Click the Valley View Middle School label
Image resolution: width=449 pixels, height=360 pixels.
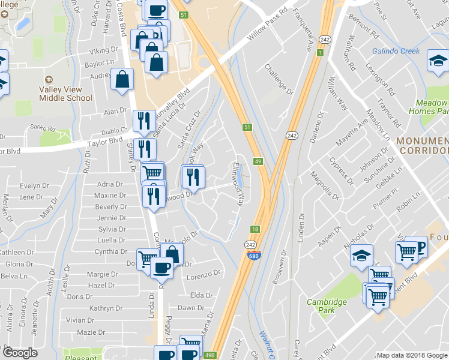(x=65, y=94)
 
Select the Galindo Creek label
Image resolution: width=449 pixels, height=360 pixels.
(x=396, y=51)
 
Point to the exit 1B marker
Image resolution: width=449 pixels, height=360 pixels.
(x=255, y=229)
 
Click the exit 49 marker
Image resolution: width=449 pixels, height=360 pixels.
(x=258, y=161)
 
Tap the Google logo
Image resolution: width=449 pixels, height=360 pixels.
(x=19, y=353)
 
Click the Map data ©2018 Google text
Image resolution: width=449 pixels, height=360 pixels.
(x=412, y=355)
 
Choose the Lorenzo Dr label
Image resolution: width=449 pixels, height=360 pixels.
(x=203, y=274)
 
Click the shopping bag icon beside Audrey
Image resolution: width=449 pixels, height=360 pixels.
(x=122, y=79)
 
